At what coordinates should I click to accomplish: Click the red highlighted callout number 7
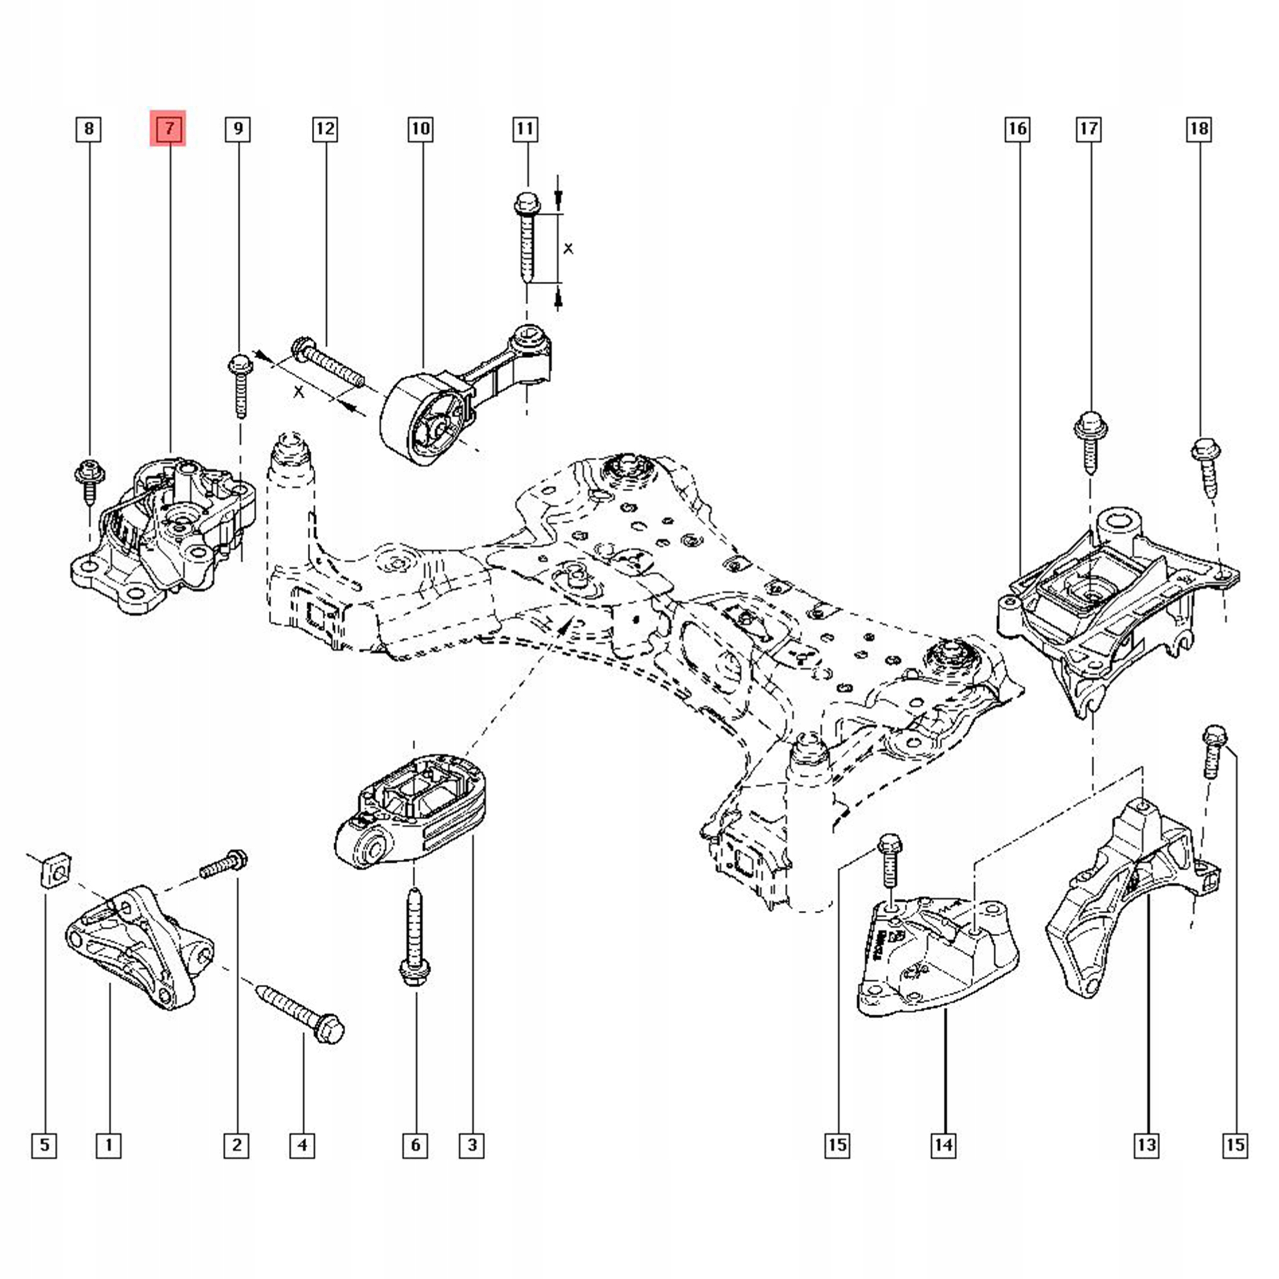click(x=168, y=128)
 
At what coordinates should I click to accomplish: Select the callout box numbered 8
click(x=89, y=128)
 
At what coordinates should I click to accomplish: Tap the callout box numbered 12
click(x=325, y=128)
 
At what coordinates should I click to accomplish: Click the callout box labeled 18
click(x=1199, y=128)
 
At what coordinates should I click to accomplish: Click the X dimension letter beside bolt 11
click(x=568, y=249)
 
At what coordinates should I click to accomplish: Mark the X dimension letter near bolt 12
click(x=299, y=392)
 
